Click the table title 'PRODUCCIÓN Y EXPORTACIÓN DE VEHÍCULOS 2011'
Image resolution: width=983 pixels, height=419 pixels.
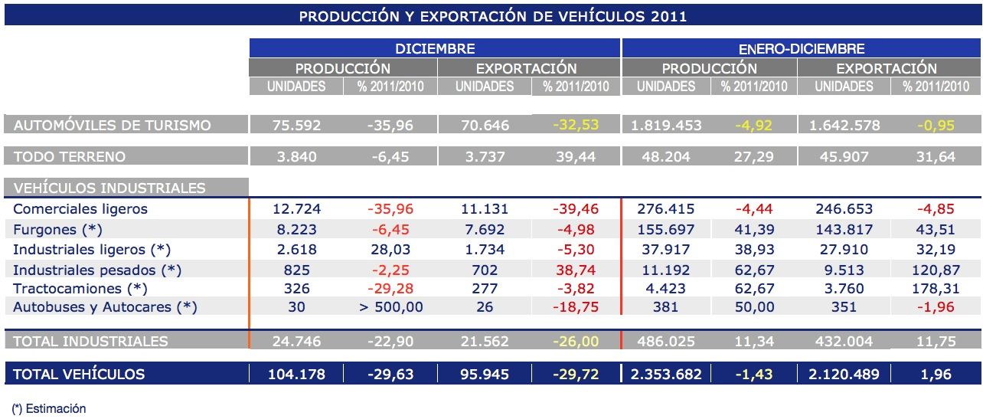click(492, 16)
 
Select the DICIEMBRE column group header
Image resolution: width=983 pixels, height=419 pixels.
click(435, 48)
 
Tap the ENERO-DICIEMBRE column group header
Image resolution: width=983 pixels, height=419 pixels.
click(802, 48)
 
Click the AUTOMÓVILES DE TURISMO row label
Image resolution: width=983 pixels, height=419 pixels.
click(112, 125)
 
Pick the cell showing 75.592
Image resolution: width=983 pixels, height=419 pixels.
click(296, 125)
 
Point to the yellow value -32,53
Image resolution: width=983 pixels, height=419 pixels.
click(576, 125)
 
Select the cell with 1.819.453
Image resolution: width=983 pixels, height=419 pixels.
click(665, 125)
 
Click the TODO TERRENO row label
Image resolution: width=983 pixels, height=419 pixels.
click(69, 156)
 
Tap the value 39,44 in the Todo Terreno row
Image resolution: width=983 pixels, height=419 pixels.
click(576, 156)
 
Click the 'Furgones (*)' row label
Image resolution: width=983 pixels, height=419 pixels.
click(57, 229)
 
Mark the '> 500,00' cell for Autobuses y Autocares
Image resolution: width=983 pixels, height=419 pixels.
click(390, 307)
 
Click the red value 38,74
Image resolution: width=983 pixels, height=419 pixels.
click(576, 270)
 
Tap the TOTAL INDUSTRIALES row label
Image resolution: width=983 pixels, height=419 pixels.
click(90, 341)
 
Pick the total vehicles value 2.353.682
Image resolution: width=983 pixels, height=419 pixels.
click(665, 375)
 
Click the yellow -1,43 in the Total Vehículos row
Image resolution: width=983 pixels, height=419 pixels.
click(753, 375)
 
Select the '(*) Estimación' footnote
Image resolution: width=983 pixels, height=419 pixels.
click(50, 408)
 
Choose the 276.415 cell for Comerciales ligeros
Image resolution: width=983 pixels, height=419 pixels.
click(665, 209)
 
